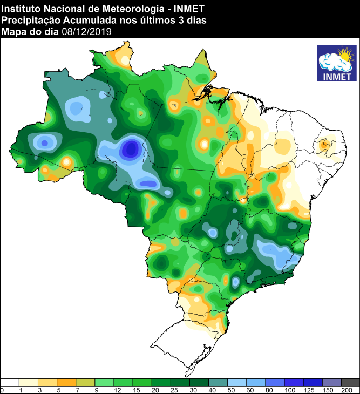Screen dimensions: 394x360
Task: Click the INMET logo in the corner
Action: point(337,64)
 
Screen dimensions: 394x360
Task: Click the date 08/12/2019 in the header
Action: point(86,31)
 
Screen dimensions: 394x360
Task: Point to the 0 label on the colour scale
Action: point(2,390)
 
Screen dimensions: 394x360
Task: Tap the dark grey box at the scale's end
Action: point(350,382)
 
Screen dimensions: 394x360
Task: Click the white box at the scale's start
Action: point(10,382)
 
